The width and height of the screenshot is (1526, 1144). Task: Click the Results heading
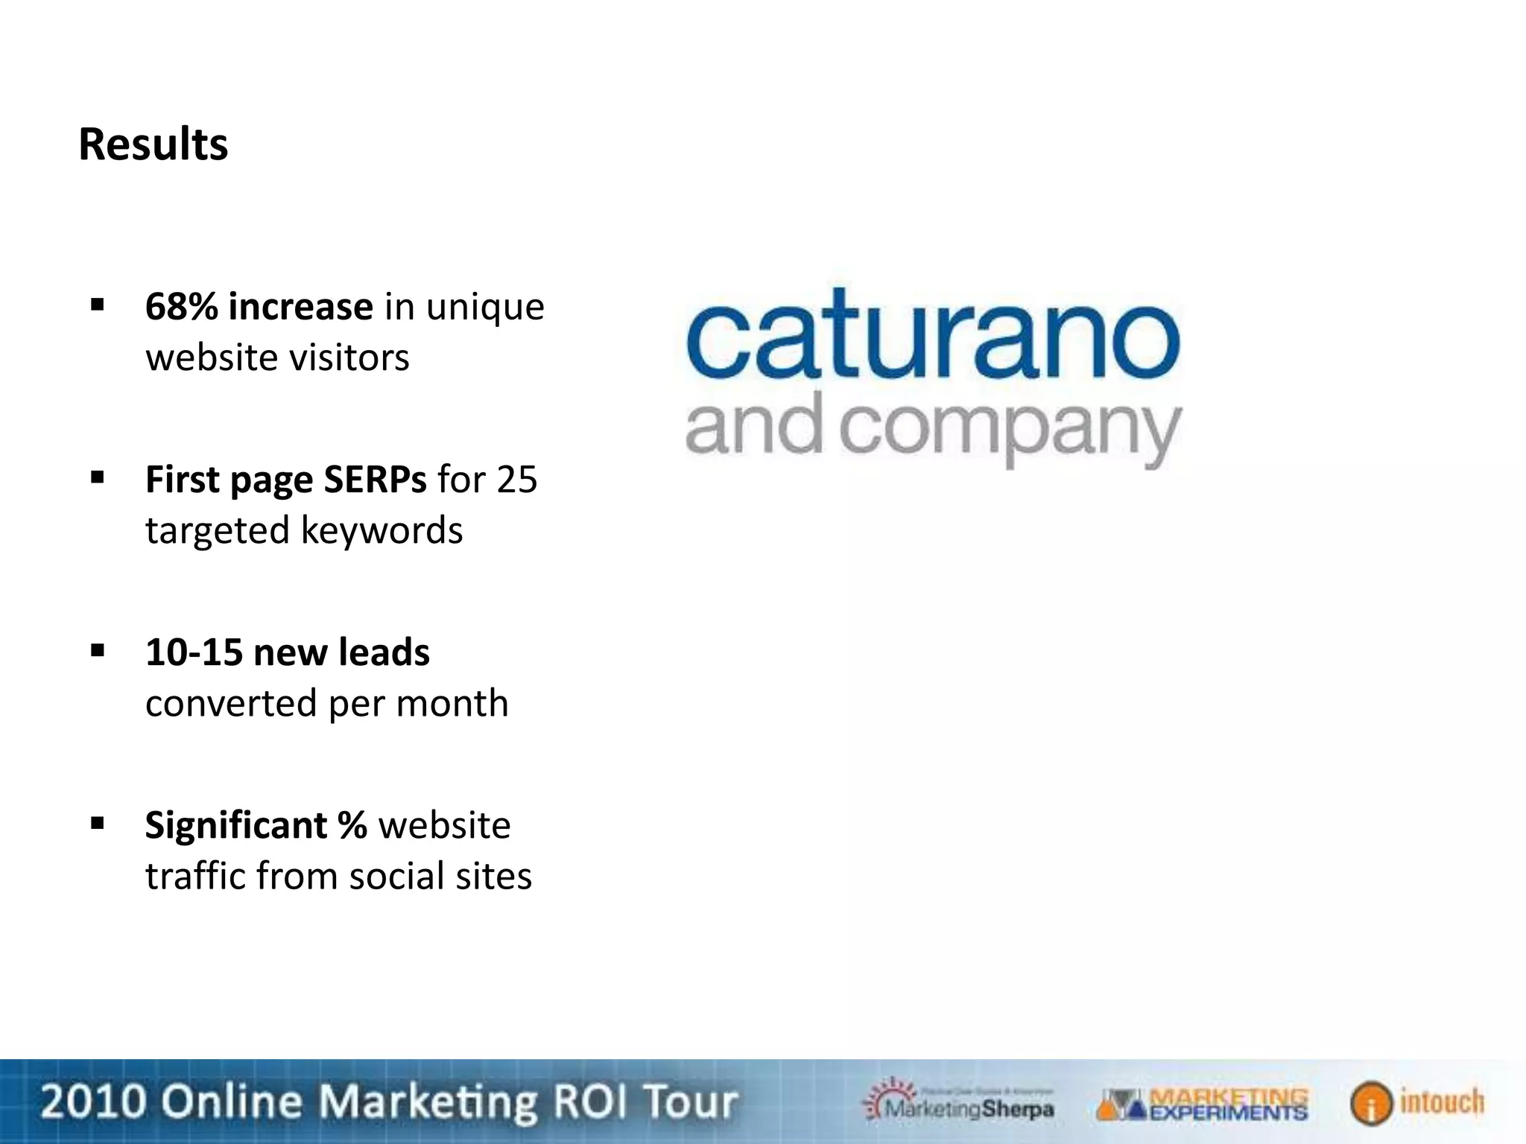click(153, 144)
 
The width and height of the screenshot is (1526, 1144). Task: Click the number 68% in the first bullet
click(182, 307)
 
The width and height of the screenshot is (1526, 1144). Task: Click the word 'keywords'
click(381, 530)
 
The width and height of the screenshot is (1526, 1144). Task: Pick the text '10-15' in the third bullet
click(194, 652)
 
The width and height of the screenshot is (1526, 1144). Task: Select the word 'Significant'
click(235, 825)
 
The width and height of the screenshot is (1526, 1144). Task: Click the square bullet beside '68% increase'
click(97, 305)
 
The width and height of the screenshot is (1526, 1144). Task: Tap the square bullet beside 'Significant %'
click(97, 823)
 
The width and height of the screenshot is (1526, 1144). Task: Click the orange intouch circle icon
click(1370, 1103)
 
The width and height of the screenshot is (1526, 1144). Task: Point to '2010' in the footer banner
click(92, 1102)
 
